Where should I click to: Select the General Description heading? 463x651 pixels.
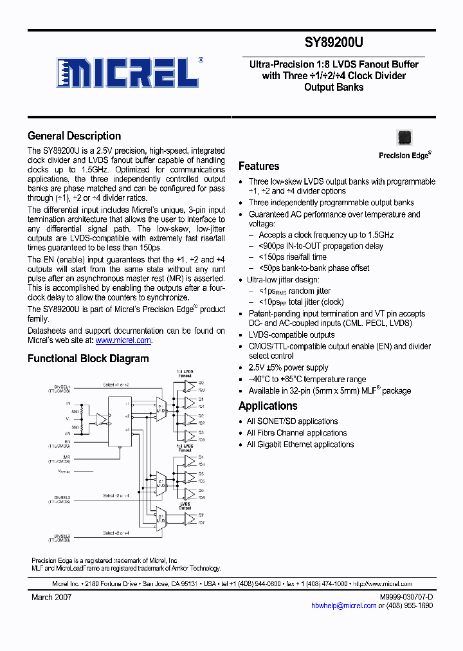tap(74, 136)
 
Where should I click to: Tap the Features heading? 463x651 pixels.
tap(259, 166)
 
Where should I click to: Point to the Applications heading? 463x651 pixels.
tap(268, 406)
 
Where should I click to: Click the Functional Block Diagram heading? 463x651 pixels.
tap(88, 358)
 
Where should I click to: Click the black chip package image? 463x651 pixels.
tap(404, 138)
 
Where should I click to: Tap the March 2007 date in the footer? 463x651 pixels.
tap(51, 597)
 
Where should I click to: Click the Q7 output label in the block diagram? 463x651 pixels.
tap(201, 515)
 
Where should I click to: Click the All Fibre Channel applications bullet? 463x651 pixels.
tap(296, 433)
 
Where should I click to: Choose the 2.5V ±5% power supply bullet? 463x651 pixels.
tap(288, 368)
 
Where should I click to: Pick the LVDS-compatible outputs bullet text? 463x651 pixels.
tap(291, 335)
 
